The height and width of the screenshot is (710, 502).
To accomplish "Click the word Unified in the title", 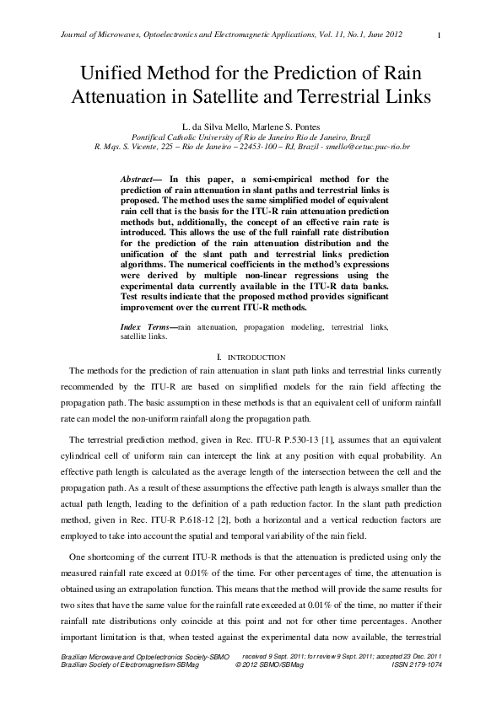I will click(115, 73).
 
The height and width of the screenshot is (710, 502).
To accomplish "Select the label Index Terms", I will click(147, 325).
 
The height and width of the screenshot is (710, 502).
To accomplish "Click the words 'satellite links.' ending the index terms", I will click(144, 335).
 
